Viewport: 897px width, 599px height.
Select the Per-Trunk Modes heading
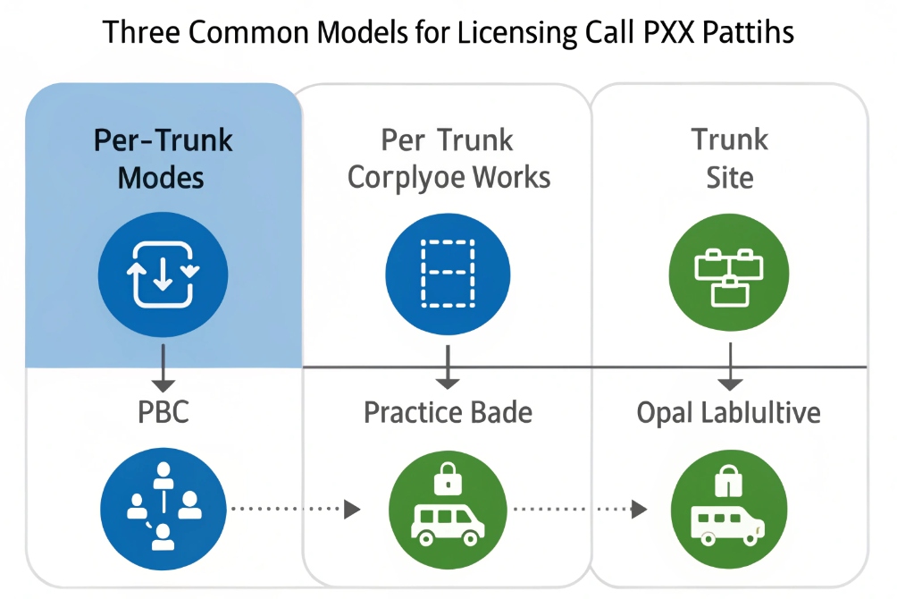point(163,158)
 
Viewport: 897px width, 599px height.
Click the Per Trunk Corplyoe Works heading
point(448,158)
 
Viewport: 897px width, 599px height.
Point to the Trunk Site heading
point(730,158)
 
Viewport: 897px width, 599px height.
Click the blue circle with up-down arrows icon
point(163,274)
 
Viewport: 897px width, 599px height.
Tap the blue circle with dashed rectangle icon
point(448,274)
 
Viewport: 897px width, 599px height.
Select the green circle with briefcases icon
point(730,274)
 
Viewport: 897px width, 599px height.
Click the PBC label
point(163,413)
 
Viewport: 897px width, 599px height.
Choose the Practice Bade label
point(448,413)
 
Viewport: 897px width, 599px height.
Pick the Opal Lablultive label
point(729,413)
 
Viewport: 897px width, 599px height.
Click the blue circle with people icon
point(163,509)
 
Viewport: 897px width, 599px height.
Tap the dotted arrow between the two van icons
point(575,509)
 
